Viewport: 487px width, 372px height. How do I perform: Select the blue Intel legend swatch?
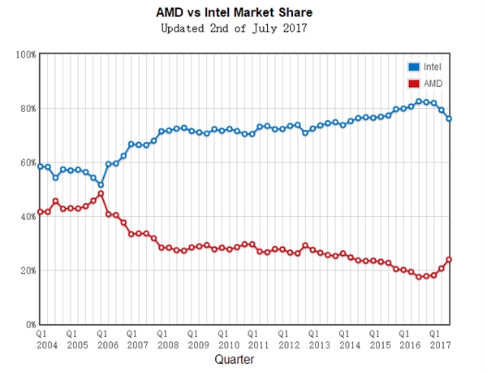[x=413, y=67]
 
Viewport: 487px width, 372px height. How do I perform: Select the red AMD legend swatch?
[x=413, y=83]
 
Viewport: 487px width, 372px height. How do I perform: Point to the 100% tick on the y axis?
[x=25, y=54]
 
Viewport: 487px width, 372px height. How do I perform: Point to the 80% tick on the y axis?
[x=27, y=109]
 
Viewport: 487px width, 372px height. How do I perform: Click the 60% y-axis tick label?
[x=27, y=162]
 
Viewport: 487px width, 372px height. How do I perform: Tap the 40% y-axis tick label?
[x=27, y=217]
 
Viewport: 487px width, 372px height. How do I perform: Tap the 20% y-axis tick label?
[x=27, y=270]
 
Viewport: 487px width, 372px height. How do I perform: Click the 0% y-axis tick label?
[x=29, y=324]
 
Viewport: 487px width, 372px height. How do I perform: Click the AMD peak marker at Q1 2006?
[x=101, y=194]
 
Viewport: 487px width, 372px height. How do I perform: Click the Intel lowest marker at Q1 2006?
[x=101, y=184]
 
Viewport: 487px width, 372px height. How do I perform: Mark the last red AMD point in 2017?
[x=449, y=260]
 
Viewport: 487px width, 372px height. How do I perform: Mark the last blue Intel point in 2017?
[x=449, y=119]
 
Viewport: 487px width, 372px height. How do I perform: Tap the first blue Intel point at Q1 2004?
[x=41, y=167]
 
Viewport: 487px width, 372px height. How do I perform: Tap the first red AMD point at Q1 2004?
[x=41, y=212]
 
